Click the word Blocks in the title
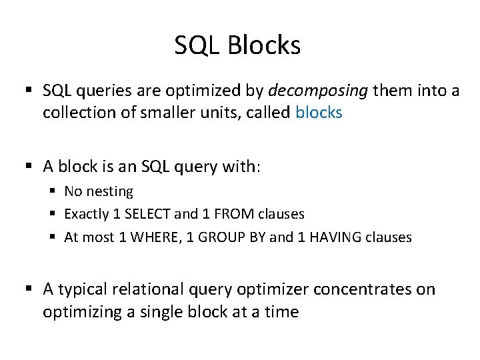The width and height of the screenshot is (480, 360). [264, 45]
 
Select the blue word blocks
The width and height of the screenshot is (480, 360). [318, 113]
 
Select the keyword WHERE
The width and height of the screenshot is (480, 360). [151, 237]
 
